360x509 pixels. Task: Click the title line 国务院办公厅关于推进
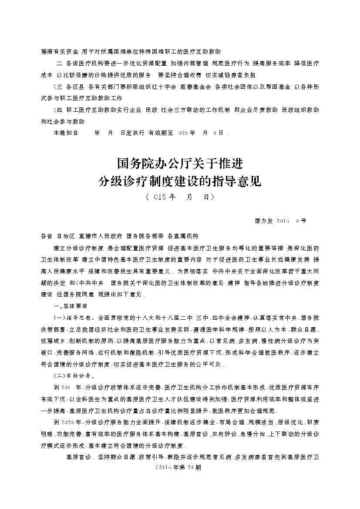[x=180, y=164]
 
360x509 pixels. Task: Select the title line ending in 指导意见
[x=180, y=181]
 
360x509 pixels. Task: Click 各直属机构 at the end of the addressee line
[x=183, y=236]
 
